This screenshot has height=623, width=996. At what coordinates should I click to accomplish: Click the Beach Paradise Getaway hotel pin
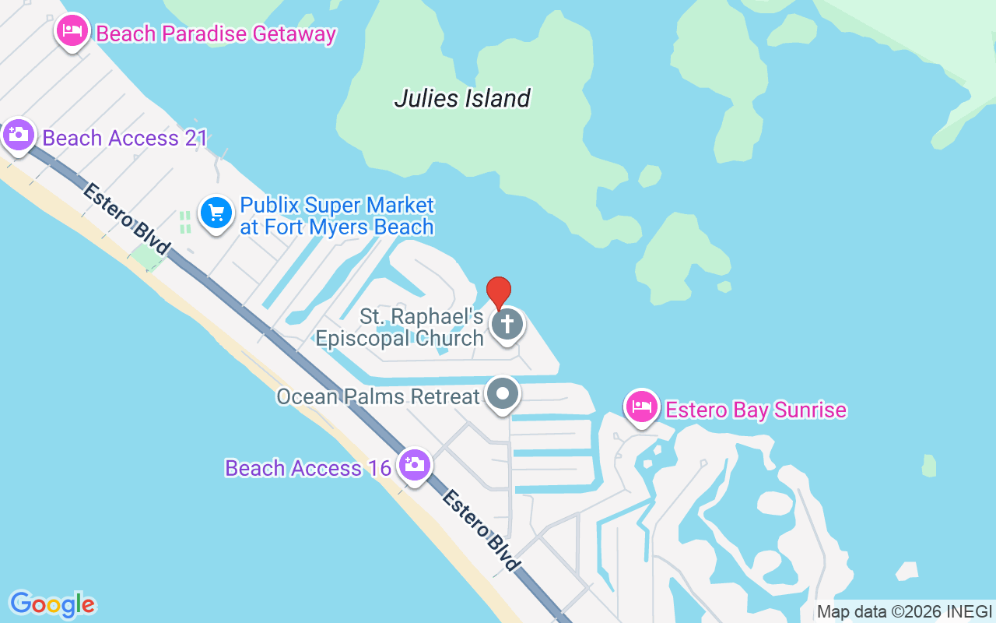[x=72, y=32]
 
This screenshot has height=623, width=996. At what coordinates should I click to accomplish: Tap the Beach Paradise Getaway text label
[x=216, y=34]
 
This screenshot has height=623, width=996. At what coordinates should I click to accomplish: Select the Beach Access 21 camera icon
[x=17, y=136]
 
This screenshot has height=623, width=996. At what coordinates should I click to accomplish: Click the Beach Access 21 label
[x=124, y=139]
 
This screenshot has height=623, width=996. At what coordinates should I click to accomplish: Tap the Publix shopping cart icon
[x=216, y=213]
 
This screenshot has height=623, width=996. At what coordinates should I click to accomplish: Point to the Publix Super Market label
[x=337, y=216]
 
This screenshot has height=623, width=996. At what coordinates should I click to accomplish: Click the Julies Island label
[x=462, y=98]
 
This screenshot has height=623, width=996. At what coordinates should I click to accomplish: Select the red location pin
[x=499, y=292]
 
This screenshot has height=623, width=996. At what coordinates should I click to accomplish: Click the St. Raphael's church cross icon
[x=507, y=324]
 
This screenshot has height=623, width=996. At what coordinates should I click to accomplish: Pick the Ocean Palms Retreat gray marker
[x=503, y=394]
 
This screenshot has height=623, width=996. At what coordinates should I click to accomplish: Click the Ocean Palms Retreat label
[x=378, y=396]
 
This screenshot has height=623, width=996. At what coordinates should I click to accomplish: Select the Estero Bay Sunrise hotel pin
[x=642, y=407]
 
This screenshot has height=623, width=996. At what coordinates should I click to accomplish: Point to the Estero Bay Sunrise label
[x=756, y=410]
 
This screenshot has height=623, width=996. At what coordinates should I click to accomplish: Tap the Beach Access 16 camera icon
[x=414, y=465]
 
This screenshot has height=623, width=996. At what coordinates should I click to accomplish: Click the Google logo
[x=52, y=604]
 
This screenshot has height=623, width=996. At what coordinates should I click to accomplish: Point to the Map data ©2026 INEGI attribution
[x=904, y=612]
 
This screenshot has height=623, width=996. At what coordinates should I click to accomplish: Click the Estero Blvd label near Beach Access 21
[x=126, y=219]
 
